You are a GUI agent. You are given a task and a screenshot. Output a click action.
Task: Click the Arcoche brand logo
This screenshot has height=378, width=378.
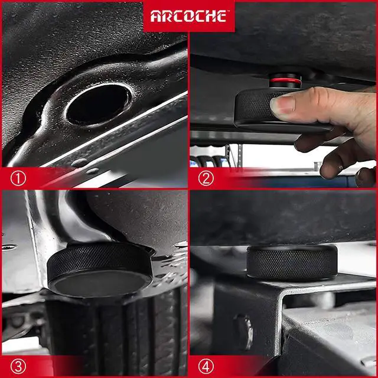(x=188, y=16)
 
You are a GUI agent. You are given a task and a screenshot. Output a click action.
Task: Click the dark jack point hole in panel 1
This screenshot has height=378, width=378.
(x=97, y=103)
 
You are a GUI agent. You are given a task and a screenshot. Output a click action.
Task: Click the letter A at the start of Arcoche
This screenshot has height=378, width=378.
(x=155, y=17)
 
